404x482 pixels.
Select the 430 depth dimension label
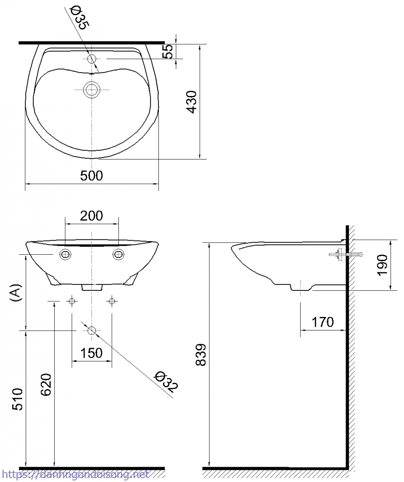[x=192, y=102]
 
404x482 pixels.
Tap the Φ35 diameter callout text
[x=80, y=18]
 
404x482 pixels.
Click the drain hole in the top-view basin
[x=92, y=89]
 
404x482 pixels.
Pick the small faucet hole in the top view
[x=91, y=59]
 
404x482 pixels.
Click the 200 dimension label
[x=91, y=216]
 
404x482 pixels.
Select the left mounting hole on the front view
[x=65, y=254]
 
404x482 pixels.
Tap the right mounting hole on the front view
[x=118, y=254]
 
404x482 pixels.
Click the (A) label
[x=16, y=293]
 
